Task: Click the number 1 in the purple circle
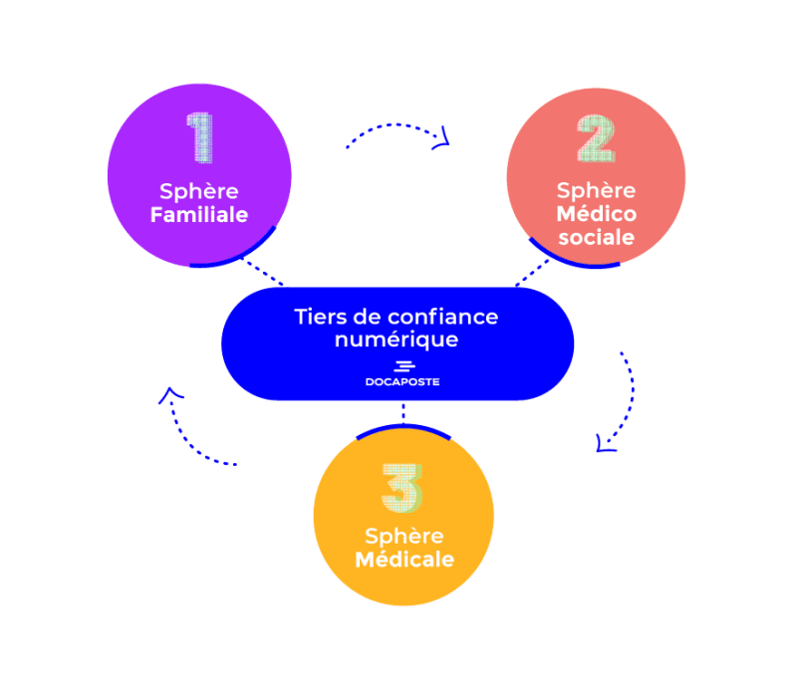(x=200, y=138)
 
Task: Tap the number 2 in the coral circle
(x=595, y=139)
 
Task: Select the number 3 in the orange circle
(x=400, y=488)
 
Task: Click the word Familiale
(x=199, y=215)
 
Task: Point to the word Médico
(x=597, y=214)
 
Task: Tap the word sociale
(x=596, y=238)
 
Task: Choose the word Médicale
(x=404, y=560)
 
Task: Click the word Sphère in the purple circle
(x=199, y=191)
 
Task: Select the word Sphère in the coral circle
(x=597, y=190)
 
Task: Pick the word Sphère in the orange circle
(x=404, y=536)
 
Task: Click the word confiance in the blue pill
(x=443, y=317)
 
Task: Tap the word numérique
(x=397, y=339)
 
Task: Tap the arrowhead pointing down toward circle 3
(x=604, y=442)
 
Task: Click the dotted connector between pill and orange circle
(x=402, y=412)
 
